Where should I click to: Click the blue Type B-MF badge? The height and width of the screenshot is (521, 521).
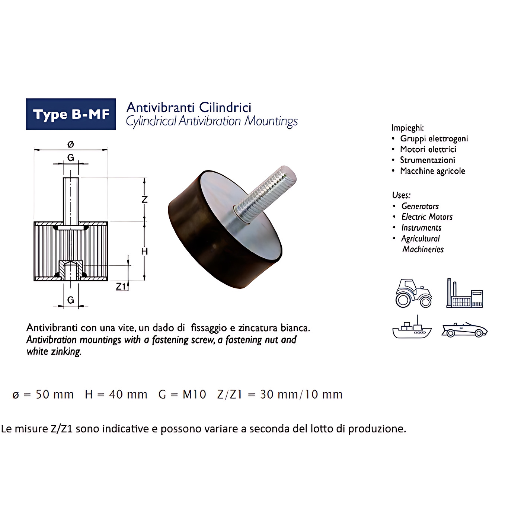click(x=71, y=114)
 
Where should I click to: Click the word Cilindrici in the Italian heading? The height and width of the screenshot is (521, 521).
click(x=225, y=107)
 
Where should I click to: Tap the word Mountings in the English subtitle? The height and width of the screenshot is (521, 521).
click(x=271, y=121)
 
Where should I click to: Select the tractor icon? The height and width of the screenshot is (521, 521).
click(x=413, y=293)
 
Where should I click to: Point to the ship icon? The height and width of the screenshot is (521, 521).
click(x=412, y=327)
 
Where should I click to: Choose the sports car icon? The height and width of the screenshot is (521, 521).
click(x=464, y=330)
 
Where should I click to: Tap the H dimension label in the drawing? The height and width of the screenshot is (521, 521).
click(x=144, y=252)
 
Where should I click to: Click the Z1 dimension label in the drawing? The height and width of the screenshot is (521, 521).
click(x=121, y=286)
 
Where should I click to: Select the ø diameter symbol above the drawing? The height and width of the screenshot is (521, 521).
click(x=71, y=144)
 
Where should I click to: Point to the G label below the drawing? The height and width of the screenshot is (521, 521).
click(x=71, y=300)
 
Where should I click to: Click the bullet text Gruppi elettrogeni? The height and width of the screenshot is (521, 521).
click(x=434, y=139)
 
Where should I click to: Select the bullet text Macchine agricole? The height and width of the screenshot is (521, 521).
click(x=432, y=171)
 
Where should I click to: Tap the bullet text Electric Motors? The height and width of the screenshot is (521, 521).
click(x=427, y=217)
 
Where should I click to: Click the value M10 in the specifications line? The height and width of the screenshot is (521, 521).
click(x=194, y=394)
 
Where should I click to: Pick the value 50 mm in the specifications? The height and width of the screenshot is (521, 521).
click(x=55, y=394)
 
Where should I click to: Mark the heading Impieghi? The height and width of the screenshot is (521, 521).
click(x=408, y=128)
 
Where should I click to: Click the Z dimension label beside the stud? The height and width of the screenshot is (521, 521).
click(x=145, y=199)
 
